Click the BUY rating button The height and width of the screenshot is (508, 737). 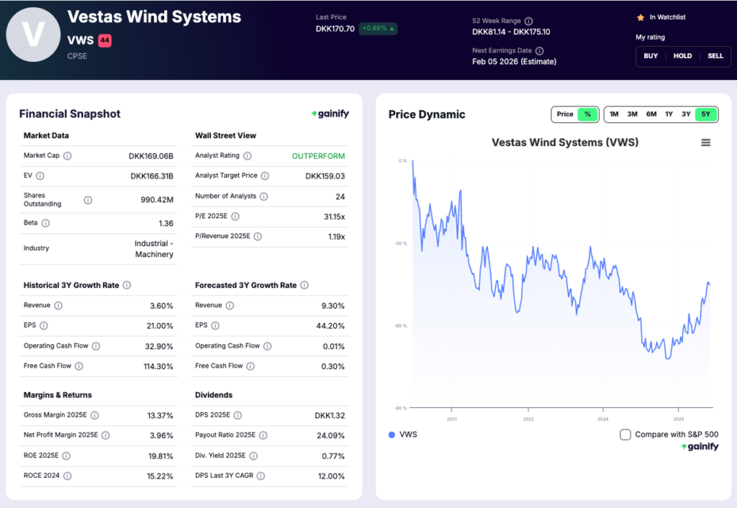651,56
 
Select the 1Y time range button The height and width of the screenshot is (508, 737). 669,114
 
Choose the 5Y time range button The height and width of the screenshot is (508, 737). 705,114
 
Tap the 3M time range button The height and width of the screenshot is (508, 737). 632,114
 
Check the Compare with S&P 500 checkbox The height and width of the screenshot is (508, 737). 625,435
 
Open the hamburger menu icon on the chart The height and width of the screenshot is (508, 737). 706,142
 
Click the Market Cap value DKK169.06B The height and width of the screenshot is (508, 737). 151,155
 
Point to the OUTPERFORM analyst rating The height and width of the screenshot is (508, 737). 318,156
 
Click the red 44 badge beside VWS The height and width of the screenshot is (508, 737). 104,41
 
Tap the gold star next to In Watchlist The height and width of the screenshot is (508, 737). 640,17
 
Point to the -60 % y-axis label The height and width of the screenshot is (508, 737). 400,326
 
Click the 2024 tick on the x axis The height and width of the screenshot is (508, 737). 602,419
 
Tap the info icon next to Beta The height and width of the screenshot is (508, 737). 45,223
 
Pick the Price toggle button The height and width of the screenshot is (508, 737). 565,114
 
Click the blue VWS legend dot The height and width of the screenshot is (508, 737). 392,435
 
